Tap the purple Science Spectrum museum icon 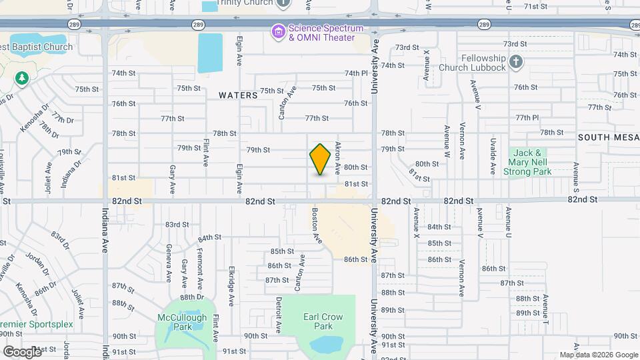(278, 31)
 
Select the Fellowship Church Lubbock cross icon (515, 63)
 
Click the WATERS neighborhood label (238, 95)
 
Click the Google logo (22, 351)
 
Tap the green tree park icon (22, 79)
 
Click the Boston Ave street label (314, 220)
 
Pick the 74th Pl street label (356, 73)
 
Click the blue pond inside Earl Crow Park (324, 344)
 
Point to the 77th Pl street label (527, 117)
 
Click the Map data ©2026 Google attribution (598, 355)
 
